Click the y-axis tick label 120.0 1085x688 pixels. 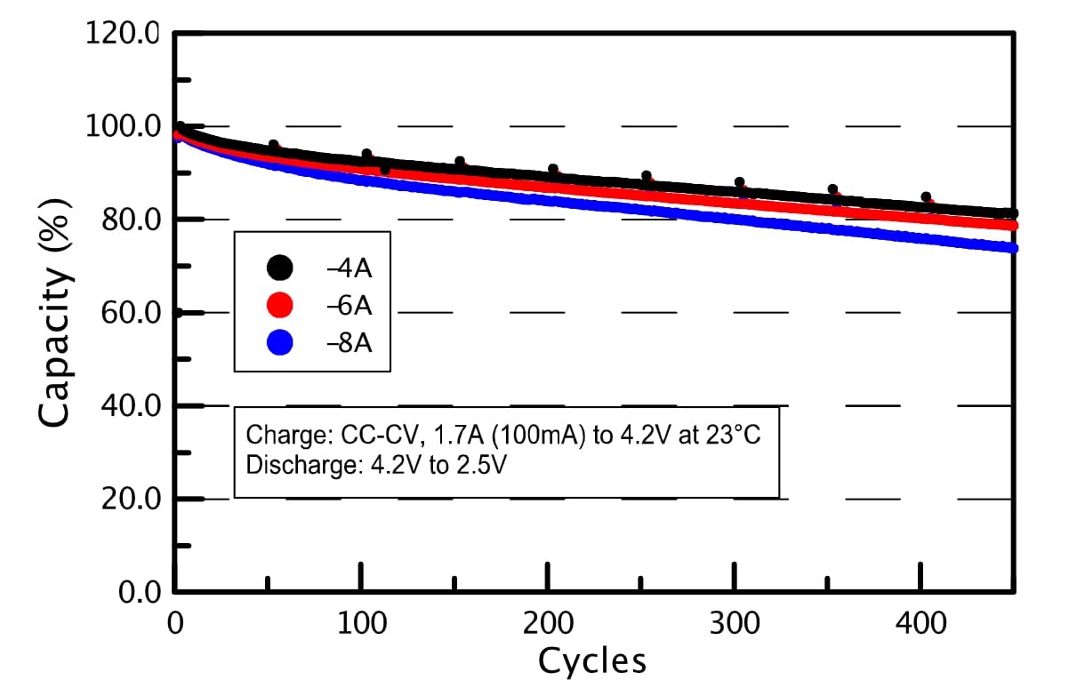121,36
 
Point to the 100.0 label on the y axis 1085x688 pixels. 121,127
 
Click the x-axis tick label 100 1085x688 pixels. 361,625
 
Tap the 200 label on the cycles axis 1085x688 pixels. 548,625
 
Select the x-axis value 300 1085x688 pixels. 735,625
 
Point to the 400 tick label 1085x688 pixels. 921,625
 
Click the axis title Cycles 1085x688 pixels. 591,661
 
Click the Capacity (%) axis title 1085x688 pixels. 55,322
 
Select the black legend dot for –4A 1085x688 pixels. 280,266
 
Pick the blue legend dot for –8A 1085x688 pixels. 280,342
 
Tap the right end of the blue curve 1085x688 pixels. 1011,247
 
